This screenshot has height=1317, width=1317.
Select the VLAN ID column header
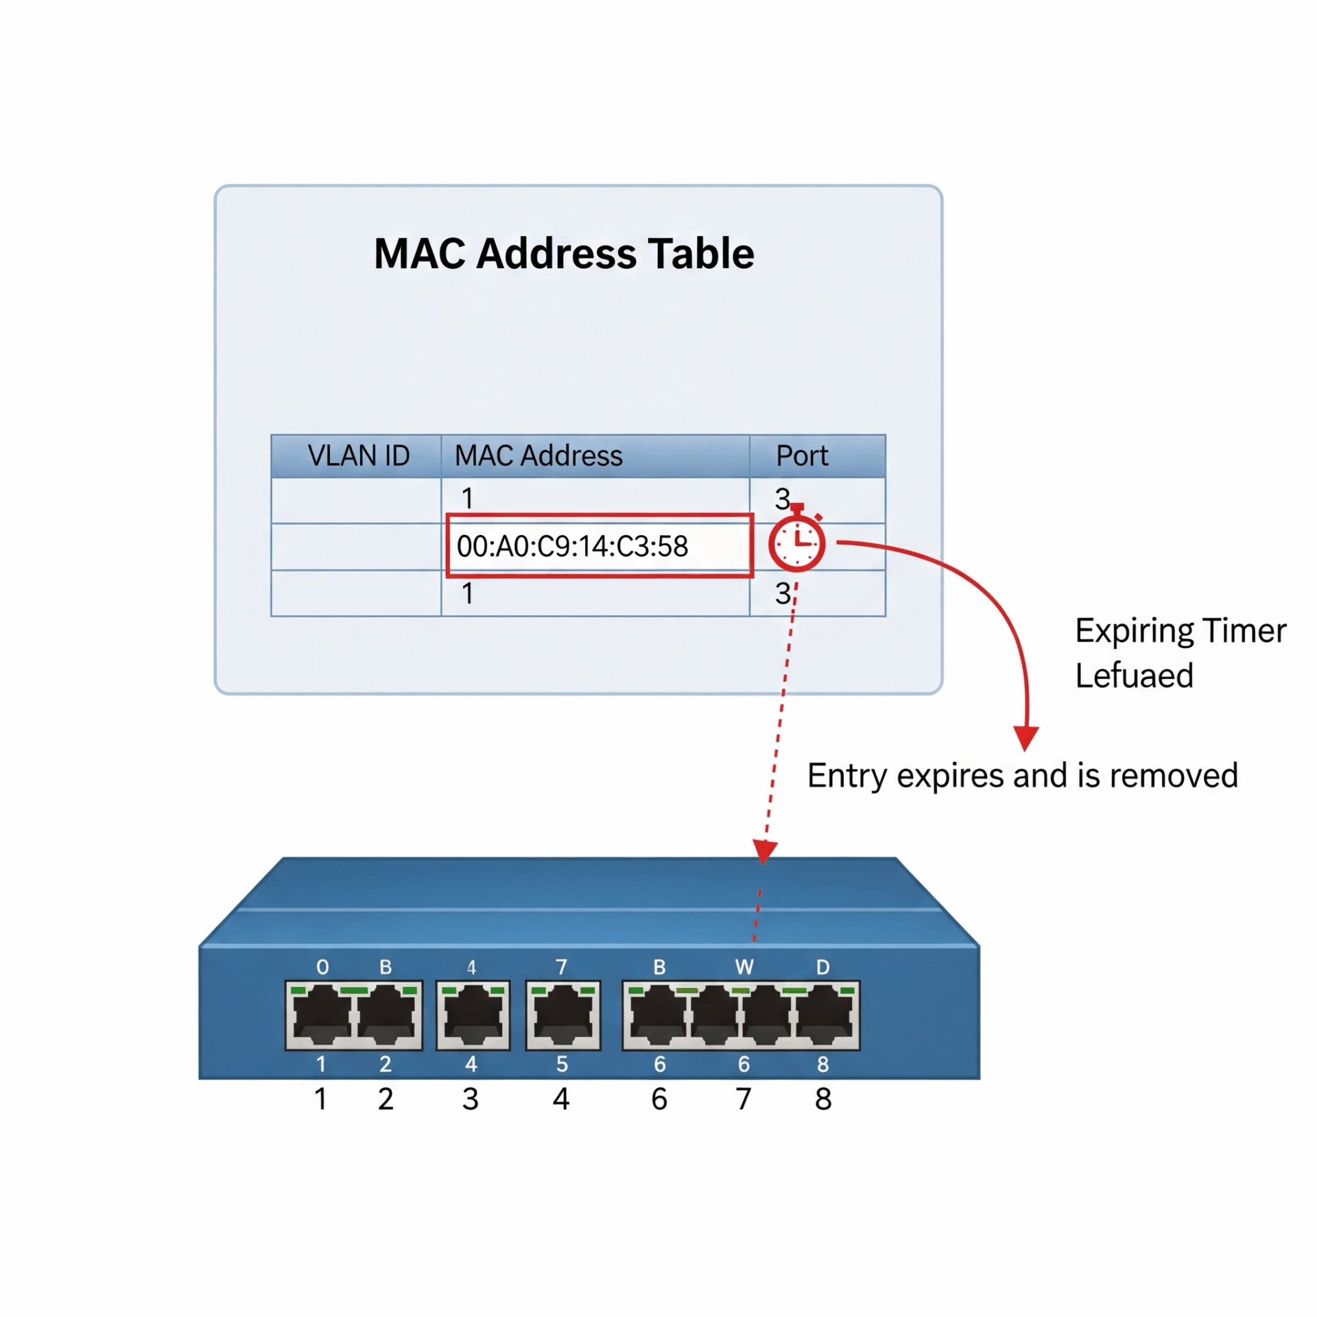click(x=358, y=456)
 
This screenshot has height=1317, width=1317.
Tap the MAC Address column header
click(x=538, y=456)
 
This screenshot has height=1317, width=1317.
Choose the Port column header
click(x=801, y=456)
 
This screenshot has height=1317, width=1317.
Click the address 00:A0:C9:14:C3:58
click(x=572, y=547)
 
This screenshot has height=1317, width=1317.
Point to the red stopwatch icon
click(x=796, y=543)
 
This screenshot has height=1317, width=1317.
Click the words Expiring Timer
click(x=1180, y=631)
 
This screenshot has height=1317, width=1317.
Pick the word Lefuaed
click(x=1134, y=676)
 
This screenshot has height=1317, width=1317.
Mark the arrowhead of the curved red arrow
click(x=1025, y=739)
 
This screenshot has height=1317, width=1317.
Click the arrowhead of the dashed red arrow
click(x=764, y=851)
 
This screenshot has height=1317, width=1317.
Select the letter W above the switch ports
click(x=744, y=967)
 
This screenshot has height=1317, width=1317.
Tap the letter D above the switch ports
click(x=822, y=967)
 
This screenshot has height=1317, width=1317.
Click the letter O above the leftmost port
click(x=322, y=967)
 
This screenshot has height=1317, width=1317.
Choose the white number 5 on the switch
click(x=562, y=1064)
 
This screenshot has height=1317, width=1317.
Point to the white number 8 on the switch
click(x=822, y=1064)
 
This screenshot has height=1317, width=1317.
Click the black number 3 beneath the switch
click(x=470, y=1100)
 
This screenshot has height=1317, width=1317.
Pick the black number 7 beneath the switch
click(x=744, y=1100)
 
